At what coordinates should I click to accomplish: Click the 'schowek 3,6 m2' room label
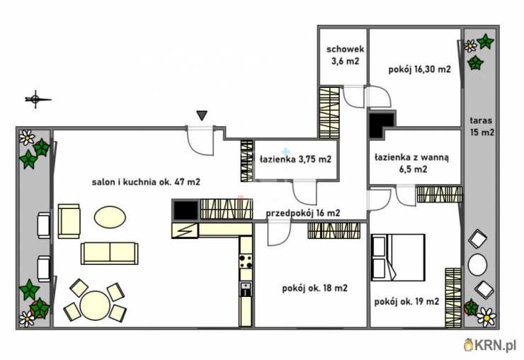coord(346,55)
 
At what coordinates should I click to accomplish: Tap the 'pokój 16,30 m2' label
coord(419,69)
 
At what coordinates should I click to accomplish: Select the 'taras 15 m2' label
coord(482,126)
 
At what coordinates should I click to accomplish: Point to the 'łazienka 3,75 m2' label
coord(295,159)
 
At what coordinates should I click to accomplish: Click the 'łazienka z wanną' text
coord(411,157)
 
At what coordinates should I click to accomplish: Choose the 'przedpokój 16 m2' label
coord(303,213)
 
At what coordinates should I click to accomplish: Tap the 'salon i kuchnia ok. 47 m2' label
coord(146,182)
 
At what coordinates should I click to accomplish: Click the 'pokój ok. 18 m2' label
coord(315,288)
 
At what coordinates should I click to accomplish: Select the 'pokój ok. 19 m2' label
coord(406,302)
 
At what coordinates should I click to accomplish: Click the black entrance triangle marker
coord(202,116)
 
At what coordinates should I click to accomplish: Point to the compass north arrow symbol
coord(38,99)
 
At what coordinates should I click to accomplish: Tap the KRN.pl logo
coord(490,344)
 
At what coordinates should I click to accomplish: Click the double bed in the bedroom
coord(398,257)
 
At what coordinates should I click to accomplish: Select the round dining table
coord(95,306)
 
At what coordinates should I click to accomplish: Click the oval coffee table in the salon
coord(110,217)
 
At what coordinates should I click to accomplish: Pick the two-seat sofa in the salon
coord(109,254)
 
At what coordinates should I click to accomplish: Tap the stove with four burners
coord(246,261)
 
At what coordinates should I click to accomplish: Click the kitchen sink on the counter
coord(246,289)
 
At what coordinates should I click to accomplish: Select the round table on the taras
coord(477,264)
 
